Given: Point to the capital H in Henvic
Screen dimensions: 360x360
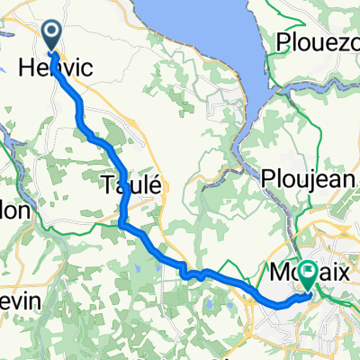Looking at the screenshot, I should pyautogui.click(x=26, y=67).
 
